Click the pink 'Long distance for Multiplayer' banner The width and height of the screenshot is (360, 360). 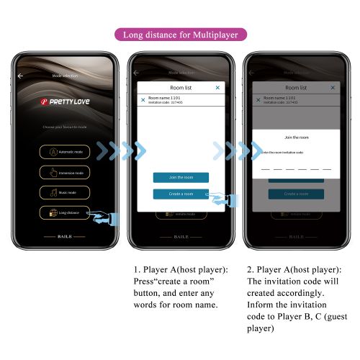click(x=181, y=35)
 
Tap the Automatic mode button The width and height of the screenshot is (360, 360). click(x=64, y=152)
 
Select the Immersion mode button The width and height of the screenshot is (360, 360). click(x=64, y=173)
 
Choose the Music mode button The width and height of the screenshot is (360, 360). click(x=64, y=192)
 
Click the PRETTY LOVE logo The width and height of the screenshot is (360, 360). click(x=64, y=102)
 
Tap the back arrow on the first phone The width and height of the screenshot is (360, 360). click(x=20, y=75)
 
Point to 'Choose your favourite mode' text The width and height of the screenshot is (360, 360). click(x=64, y=127)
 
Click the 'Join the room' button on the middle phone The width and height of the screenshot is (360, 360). click(x=181, y=177)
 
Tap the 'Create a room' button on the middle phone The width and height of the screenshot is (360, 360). click(x=181, y=194)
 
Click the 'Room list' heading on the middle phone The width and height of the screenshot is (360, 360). click(x=181, y=87)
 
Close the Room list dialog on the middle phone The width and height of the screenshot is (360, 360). click(x=218, y=87)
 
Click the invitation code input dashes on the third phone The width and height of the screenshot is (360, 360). click(x=296, y=168)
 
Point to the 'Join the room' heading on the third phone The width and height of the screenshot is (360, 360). click(x=296, y=137)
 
